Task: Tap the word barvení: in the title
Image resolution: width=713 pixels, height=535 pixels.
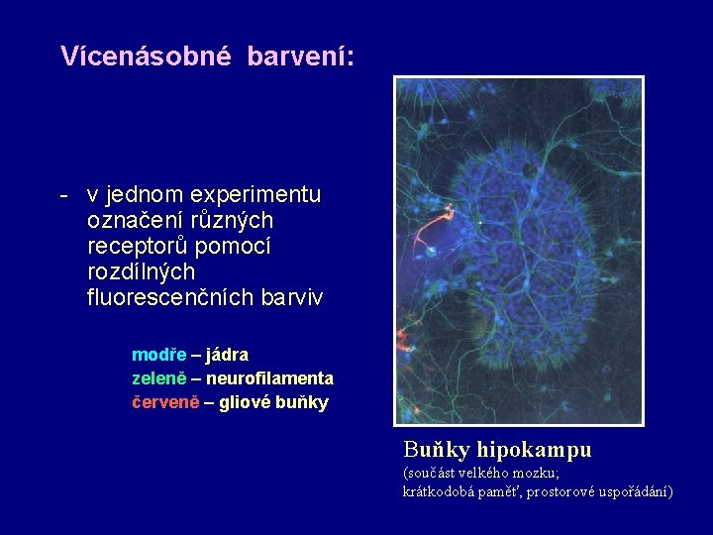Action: pos(301,56)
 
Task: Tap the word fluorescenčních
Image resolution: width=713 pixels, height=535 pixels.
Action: pos(168,297)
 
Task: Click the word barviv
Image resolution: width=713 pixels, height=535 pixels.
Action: pos(289,297)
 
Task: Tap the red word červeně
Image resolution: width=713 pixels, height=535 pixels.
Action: pos(165,403)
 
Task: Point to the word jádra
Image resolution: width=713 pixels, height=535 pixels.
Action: pos(228,355)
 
